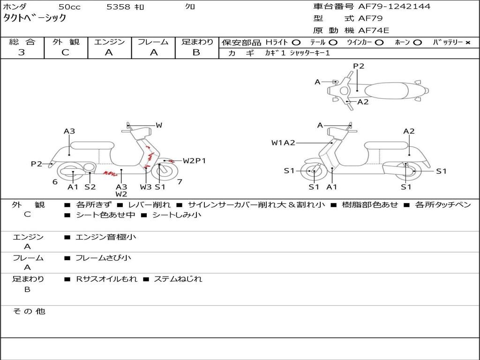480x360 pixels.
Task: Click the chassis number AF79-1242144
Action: point(394,7)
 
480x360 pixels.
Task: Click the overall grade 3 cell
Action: point(22,52)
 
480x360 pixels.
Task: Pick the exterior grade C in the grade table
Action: point(65,52)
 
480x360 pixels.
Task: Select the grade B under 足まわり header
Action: point(196,52)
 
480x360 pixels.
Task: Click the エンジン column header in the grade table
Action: point(109,42)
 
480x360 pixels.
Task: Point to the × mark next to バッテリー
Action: point(468,43)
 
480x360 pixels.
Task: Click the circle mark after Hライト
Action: point(296,43)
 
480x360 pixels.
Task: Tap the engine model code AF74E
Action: point(374,30)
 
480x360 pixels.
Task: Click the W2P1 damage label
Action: point(194,161)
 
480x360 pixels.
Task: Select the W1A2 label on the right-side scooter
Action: point(283,143)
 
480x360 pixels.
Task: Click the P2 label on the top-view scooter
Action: point(359,66)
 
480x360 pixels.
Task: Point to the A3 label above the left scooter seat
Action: point(69,131)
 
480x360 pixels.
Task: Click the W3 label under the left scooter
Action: point(146,187)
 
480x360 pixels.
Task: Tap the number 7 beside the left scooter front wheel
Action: point(180,182)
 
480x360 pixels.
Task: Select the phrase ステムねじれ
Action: point(178,279)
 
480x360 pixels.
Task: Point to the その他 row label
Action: point(29,311)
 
